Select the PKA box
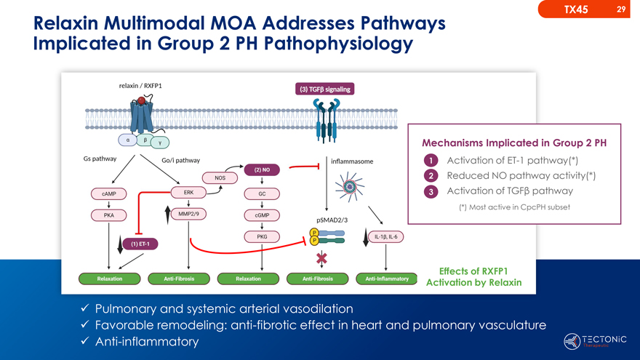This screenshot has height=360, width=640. [x=108, y=215]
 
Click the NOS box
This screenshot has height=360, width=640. [x=220, y=177]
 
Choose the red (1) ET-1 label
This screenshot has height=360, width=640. [x=140, y=244]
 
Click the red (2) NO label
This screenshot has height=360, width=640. [x=262, y=170]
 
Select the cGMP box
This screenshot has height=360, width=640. [x=262, y=215]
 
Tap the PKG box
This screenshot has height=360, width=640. [x=262, y=237]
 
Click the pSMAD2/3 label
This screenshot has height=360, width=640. [x=332, y=220]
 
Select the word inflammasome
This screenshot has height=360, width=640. [x=352, y=161]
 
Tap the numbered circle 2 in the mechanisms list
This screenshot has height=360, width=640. [x=431, y=176]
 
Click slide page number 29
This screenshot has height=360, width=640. [x=620, y=9]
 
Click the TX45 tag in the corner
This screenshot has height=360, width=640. [x=576, y=9]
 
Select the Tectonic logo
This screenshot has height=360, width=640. [x=595, y=340]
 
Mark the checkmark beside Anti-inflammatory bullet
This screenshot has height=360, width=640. [x=84, y=341]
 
